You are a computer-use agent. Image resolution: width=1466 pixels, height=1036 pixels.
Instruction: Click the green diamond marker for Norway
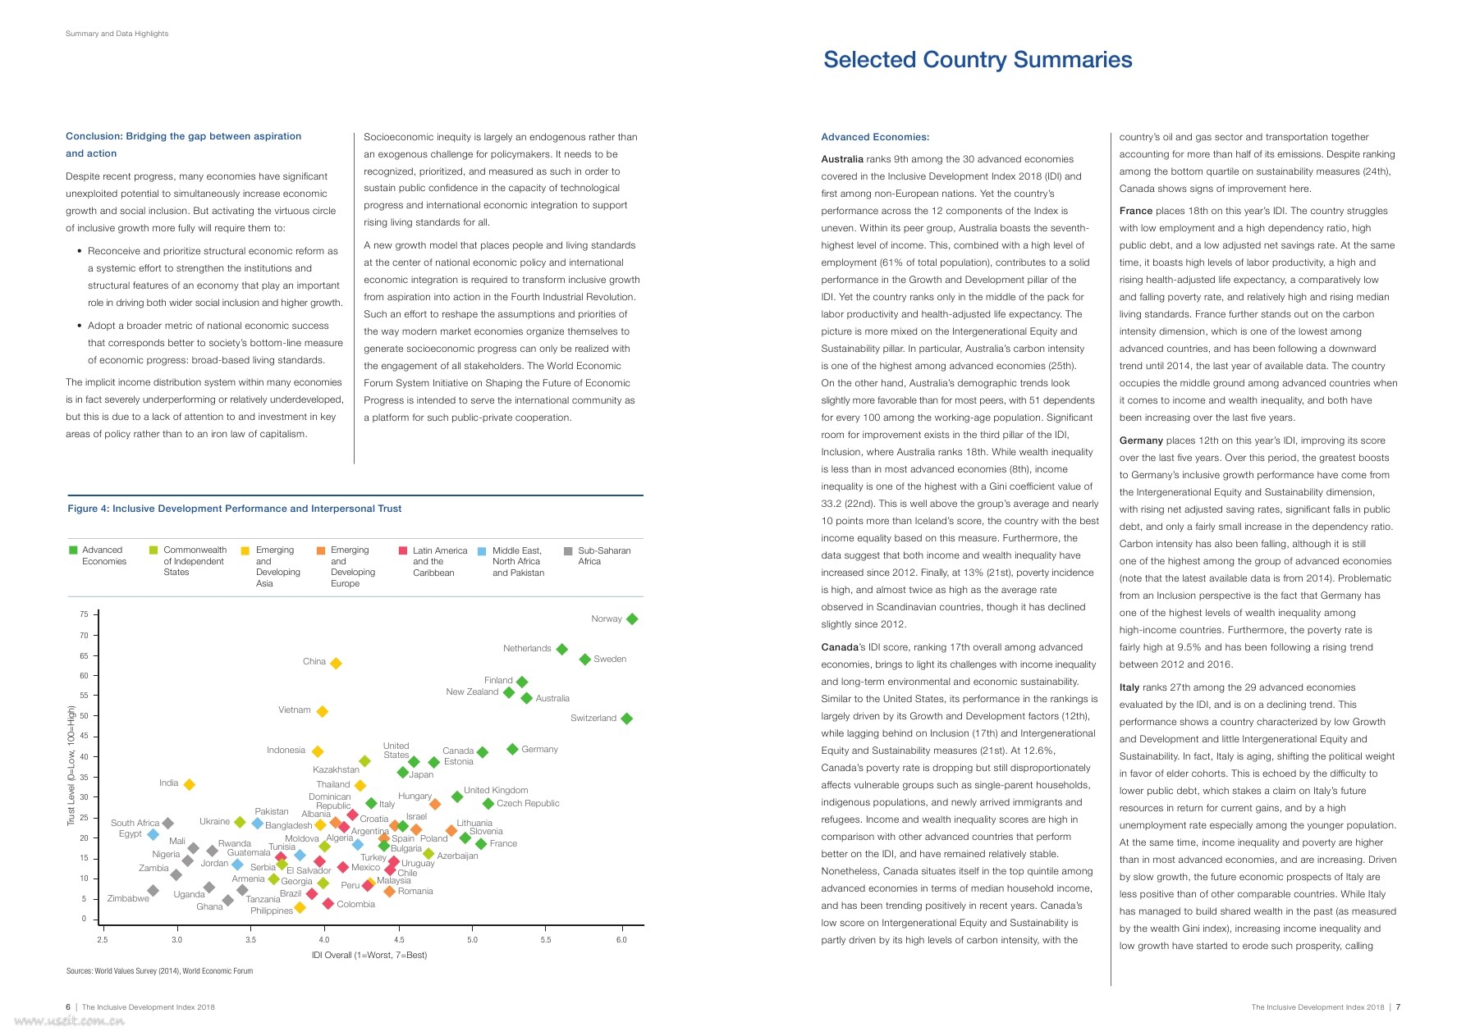[631, 619]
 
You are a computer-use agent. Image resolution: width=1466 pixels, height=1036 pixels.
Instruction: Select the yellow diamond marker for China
[335, 663]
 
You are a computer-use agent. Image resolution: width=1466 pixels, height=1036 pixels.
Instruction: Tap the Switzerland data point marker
[627, 719]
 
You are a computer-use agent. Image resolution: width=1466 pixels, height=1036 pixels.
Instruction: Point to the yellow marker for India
[189, 784]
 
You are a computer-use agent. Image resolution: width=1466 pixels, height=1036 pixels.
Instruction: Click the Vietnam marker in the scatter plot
[323, 711]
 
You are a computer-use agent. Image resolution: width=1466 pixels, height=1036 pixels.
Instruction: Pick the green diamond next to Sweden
[585, 659]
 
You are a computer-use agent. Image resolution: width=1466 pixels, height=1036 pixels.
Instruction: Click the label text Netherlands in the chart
[527, 648]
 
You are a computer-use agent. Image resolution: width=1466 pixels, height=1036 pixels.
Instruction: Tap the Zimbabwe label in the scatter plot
[128, 898]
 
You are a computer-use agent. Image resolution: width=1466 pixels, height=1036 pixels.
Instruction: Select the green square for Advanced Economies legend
[73, 550]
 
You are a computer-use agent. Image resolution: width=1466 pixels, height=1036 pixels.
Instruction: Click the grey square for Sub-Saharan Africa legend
[568, 551]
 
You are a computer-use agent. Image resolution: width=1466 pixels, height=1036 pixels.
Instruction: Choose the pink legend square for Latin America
[403, 551]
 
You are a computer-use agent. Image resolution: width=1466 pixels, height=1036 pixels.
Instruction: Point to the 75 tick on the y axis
[84, 614]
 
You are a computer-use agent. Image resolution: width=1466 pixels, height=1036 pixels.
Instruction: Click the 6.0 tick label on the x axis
[621, 940]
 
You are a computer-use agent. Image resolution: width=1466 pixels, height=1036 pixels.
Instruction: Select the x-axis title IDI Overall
[369, 955]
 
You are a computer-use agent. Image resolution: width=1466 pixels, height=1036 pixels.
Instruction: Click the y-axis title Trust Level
[71, 765]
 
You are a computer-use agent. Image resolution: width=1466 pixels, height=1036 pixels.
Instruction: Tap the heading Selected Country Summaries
[978, 60]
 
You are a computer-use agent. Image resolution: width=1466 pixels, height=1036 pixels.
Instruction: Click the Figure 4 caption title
[235, 509]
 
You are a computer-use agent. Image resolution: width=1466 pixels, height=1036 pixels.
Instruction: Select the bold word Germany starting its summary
[1141, 440]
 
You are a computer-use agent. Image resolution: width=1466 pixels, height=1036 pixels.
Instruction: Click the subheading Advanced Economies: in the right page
[875, 137]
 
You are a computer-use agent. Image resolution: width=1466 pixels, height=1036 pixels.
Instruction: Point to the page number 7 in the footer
[1398, 1007]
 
